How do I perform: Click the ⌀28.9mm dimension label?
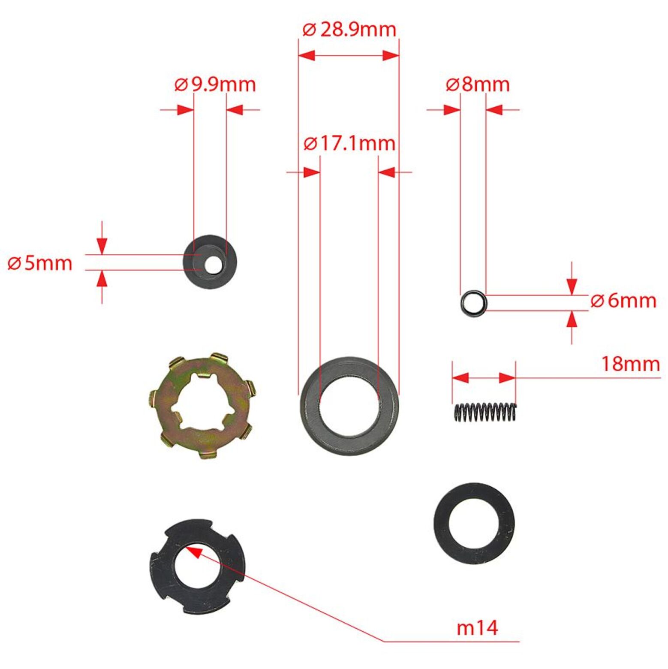[x=349, y=29]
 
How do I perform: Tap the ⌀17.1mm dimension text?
[x=349, y=143]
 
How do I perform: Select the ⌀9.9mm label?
[x=215, y=84]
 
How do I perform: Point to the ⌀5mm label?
[x=40, y=262]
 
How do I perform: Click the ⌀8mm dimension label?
[x=478, y=84]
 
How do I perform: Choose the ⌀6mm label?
[x=623, y=300]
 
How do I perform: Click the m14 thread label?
[x=477, y=627]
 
